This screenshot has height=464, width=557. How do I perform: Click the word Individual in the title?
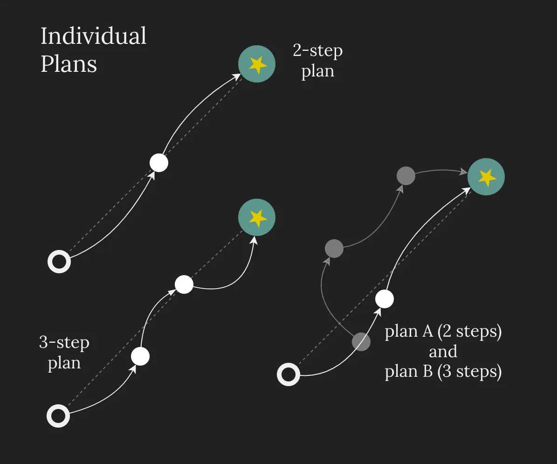tap(94, 36)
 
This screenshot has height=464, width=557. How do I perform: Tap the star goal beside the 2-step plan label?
tap(257, 64)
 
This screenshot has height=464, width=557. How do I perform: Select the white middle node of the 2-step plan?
tap(159, 163)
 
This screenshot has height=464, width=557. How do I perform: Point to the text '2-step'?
tap(317, 50)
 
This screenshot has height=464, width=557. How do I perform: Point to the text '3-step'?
tap(64, 343)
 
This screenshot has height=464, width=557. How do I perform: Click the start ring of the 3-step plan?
tap(58, 416)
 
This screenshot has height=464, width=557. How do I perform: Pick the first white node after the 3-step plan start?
tap(140, 356)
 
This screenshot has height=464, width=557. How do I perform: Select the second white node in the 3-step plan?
tap(184, 284)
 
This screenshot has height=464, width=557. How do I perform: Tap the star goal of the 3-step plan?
tap(257, 217)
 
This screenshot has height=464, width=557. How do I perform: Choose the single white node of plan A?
tap(385, 298)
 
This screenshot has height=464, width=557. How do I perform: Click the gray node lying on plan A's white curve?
tap(361, 342)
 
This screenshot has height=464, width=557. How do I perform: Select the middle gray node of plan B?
tap(334, 248)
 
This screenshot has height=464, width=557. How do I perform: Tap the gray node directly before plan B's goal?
tap(406, 175)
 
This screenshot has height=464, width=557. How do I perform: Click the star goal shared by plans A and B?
tap(486, 177)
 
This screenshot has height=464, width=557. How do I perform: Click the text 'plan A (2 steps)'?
tap(443, 332)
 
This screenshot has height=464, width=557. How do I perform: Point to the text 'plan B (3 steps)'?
tap(443, 372)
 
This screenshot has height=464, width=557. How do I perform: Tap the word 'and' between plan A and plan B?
tap(443, 352)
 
